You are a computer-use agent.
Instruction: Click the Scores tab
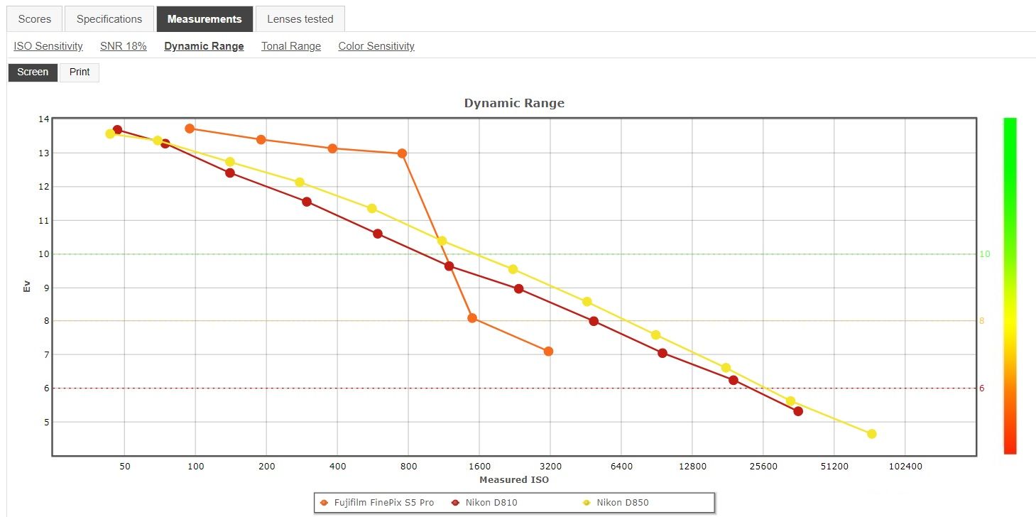[34, 19]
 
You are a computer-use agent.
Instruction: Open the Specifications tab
[109, 19]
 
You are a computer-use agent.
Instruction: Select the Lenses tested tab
[300, 19]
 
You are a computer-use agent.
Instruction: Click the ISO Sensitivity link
[48, 46]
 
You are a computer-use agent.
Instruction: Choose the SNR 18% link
[124, 46]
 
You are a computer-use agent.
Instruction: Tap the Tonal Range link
[291, 46]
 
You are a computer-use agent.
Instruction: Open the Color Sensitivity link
[376, 46]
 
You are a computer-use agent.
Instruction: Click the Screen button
[33, 72]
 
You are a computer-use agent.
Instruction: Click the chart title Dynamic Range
[514, 103]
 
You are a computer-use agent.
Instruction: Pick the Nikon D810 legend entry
[491, 503]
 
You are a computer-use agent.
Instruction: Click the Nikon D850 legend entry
[622, 503]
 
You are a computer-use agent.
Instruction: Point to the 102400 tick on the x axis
[905, 467]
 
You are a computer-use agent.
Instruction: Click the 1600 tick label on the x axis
[479, 467]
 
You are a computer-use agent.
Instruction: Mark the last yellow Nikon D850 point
[872, 434]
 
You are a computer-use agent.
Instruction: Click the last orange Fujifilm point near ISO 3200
[548, 352]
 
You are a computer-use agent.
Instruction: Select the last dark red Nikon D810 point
[798, 411]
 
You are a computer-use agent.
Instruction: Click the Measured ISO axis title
[514, 480]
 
